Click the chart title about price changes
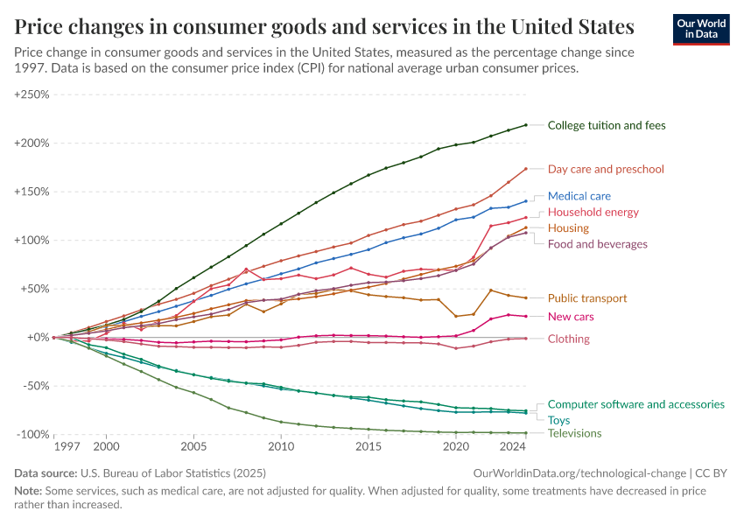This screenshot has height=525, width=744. [325, 24]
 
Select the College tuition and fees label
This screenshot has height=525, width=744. [606, 125]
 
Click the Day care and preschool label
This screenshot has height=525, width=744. [606, 169]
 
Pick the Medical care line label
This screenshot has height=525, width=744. [579, 196]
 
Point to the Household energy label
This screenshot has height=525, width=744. [593, 212]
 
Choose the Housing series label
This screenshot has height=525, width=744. [568, 228]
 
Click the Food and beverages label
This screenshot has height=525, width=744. [597, 244]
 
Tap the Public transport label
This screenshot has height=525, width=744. [586, 298]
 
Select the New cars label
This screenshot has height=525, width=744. [571, 316]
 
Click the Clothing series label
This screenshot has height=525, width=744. [568, 339]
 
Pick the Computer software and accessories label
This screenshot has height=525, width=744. [635, 404]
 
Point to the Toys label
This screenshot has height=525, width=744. [559, 420]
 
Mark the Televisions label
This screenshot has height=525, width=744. [574, 433]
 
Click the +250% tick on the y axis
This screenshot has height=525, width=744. [32, 94]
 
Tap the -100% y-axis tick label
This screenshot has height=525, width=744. [33, 434]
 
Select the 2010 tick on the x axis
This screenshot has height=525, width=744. [281, 447]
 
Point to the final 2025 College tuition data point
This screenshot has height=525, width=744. [525, 125]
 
